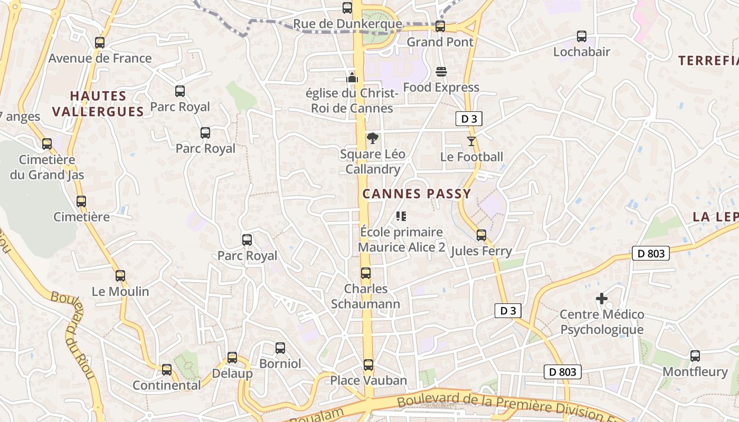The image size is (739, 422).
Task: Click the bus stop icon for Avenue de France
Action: click(x=100, y=43)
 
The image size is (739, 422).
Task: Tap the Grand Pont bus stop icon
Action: click(x=440, y=26)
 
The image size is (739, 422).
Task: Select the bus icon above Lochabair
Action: click(x=581, y=36)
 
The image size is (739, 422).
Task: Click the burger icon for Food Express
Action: click(x=441, y=72)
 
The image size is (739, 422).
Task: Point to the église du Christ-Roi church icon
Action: click(x=352, y=78)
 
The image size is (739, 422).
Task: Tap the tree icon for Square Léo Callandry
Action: click(x=372, y=139)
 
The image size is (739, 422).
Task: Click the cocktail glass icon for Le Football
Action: click(x=471, y=141)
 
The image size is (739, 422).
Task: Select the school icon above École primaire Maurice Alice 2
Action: click(x=401, y=216)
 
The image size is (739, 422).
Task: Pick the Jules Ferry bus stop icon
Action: click(x=481, y=235)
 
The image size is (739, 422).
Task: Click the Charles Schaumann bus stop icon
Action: click(x=365, y=273)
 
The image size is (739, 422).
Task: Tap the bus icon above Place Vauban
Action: click(x=368, y=365)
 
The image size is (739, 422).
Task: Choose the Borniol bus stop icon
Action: click(x=280, y=348)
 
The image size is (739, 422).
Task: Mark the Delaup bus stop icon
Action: click(x=232, y=358)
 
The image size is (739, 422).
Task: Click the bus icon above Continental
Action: click(x=167, y=370)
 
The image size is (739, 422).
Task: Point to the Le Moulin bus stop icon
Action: click(x=120, y=275)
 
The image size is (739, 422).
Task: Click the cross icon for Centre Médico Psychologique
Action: click(x=601, y=299)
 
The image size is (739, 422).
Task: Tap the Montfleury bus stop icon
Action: click(x=695, y=356)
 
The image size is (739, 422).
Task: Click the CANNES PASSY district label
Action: click(x=416, y=194)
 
